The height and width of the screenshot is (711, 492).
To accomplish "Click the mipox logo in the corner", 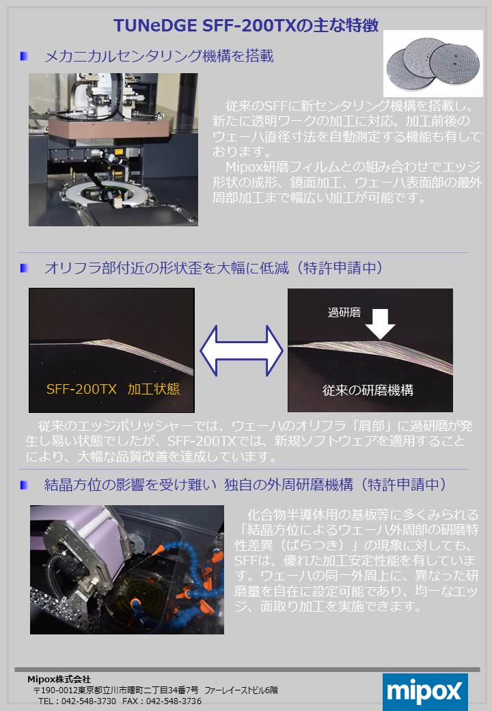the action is (425, 692).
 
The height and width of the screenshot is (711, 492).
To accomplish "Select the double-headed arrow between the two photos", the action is (241, 350).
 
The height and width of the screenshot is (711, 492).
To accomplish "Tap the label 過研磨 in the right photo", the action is (344, 312).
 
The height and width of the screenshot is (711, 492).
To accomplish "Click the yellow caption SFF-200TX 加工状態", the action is (113, 389).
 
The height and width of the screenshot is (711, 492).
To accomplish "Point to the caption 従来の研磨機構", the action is (368, 390).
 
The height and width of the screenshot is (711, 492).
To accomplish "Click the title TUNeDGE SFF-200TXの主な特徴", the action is (245, 25).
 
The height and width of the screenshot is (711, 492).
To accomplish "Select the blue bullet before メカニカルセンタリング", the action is (24, 56).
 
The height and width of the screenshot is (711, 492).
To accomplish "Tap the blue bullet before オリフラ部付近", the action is (24, 268).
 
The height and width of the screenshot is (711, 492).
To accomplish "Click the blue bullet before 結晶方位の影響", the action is (24, 485).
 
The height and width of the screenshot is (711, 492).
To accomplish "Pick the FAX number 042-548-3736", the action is (174, 701).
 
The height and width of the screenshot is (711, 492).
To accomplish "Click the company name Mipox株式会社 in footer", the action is (59, 680).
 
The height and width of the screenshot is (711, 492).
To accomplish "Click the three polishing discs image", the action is (433, 63).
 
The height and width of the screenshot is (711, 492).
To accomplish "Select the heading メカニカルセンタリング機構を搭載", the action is (159, 56).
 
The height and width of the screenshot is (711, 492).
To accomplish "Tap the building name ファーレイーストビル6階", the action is (241, 690).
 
